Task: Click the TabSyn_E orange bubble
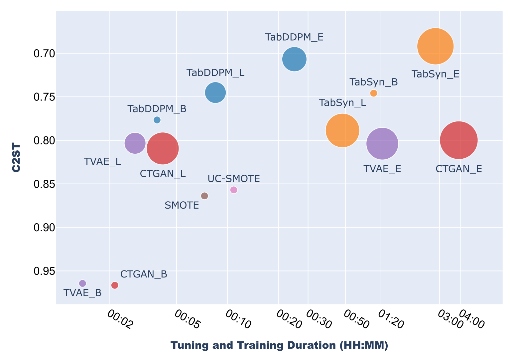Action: coord(435,46)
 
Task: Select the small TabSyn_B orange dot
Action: coord(373,93)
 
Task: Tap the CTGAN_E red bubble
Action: coord(458,140)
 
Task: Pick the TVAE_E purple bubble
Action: coord(382,143)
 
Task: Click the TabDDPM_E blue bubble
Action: coord(294,59)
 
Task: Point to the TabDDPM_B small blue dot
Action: coord(157,120)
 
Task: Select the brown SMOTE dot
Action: coord(204,196)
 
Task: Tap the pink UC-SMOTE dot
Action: coord(234,190)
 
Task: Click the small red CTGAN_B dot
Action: coord(115,285)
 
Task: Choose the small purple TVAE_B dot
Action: coord(82,283)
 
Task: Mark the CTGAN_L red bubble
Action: coord(163,148)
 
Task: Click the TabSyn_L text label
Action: coord(342,103)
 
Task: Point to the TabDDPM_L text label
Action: coord(215,73)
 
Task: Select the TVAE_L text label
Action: coord(102,162)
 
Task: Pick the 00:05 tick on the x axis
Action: coord(187,319)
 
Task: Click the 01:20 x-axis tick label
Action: coord(391,319)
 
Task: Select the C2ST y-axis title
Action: coord(16,157)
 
